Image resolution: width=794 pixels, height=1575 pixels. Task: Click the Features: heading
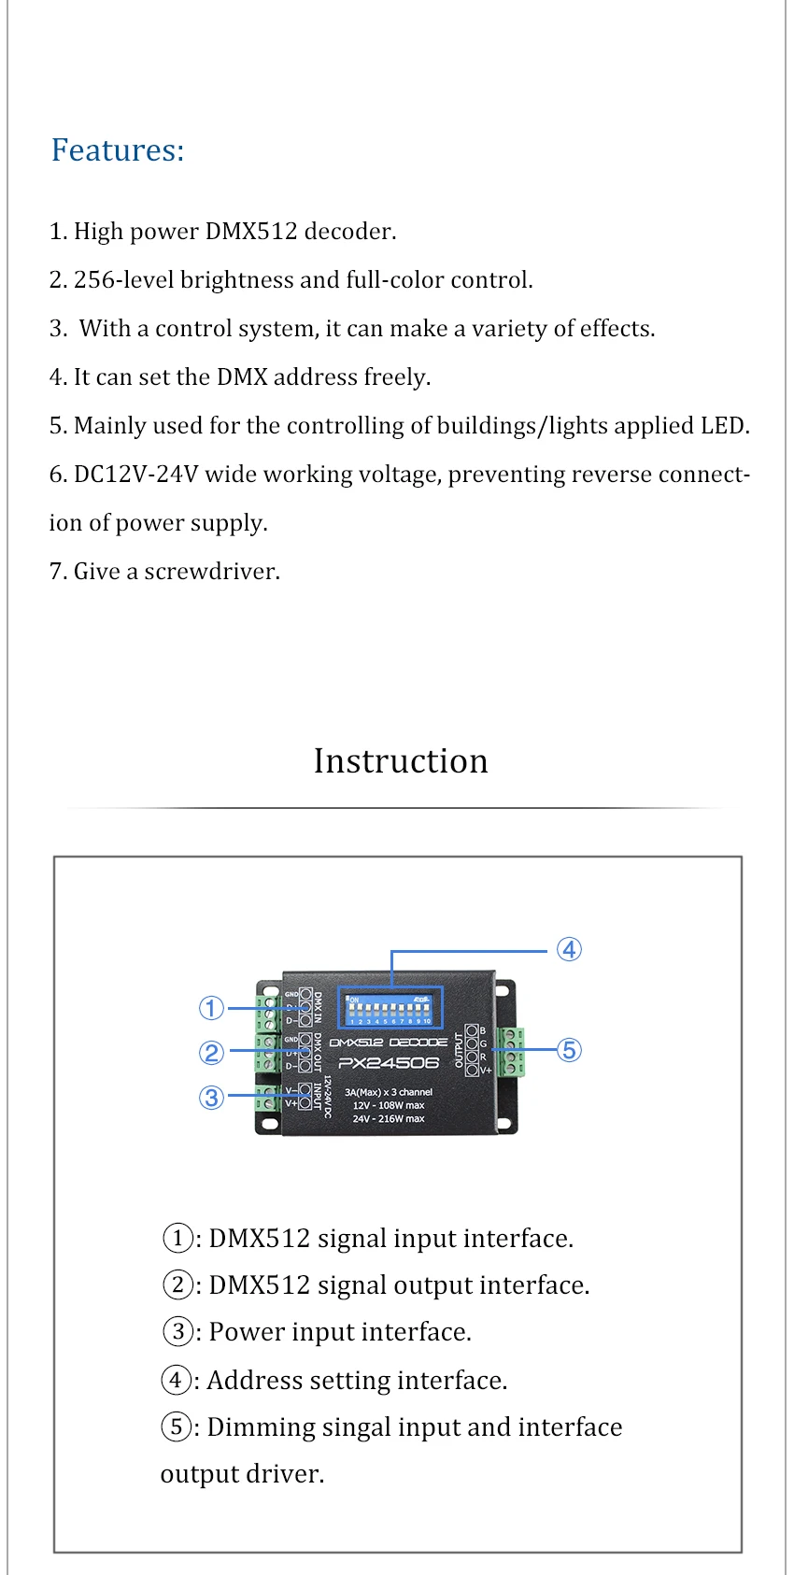118,150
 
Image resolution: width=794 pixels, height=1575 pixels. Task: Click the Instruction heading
400,761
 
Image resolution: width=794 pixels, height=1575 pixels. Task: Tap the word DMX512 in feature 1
251,232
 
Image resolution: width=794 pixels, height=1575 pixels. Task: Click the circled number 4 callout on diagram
569,950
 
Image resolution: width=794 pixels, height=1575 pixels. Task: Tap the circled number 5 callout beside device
569,1050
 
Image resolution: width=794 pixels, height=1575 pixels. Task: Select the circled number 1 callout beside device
212,1008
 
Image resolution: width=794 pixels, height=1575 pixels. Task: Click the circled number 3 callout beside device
212,1097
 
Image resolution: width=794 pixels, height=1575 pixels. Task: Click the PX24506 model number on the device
389,1063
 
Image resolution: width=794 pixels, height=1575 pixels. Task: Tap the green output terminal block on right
511,1052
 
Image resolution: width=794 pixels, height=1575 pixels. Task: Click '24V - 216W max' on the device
389,1118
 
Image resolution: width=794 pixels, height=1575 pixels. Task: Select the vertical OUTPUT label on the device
459,1049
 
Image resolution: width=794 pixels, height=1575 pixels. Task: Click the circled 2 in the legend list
177,1284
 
